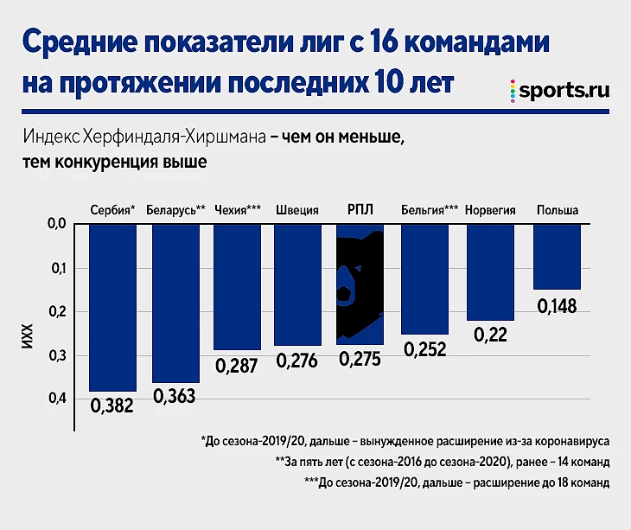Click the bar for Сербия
point(112,307)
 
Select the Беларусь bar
point(175,303)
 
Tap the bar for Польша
point(557,256)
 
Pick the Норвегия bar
point(490,271)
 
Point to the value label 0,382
point(112,405)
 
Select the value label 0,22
point(490,335)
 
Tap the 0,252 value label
point(424,348)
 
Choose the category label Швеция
point(297,210)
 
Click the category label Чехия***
point(238,210)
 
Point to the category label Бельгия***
point(430,210)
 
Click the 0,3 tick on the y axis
point(59,354)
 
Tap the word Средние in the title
point(77,43)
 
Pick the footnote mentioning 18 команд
point(457,482)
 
